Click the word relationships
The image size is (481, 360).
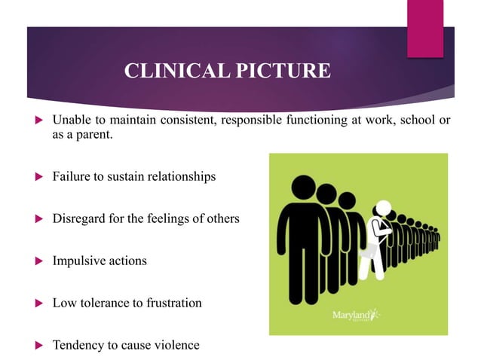tap(179, 176)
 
